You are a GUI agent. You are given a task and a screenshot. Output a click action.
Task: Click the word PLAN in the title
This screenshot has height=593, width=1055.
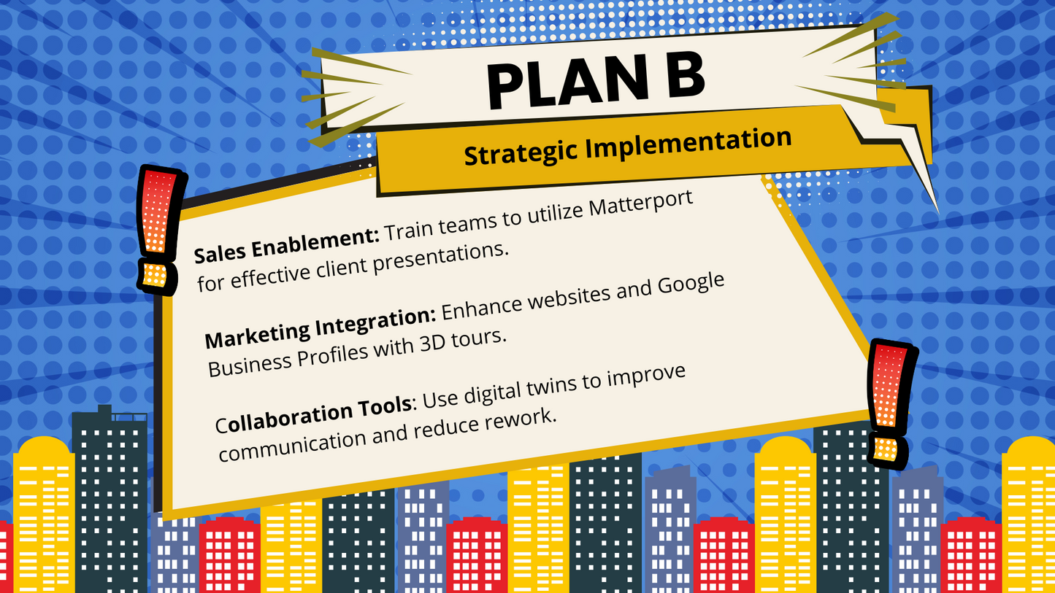click(569, 83)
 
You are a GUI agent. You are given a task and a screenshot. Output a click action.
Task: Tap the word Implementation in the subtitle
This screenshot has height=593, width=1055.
click(688, 143)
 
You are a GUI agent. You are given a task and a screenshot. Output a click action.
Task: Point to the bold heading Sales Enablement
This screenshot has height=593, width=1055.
click(286, 245)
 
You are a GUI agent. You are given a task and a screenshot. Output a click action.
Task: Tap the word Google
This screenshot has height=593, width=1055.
click(691, 285)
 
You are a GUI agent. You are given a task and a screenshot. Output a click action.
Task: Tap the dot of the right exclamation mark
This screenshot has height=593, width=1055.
click(887, 449)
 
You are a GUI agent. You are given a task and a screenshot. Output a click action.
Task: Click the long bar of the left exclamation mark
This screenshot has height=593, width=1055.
click(159, 212)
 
